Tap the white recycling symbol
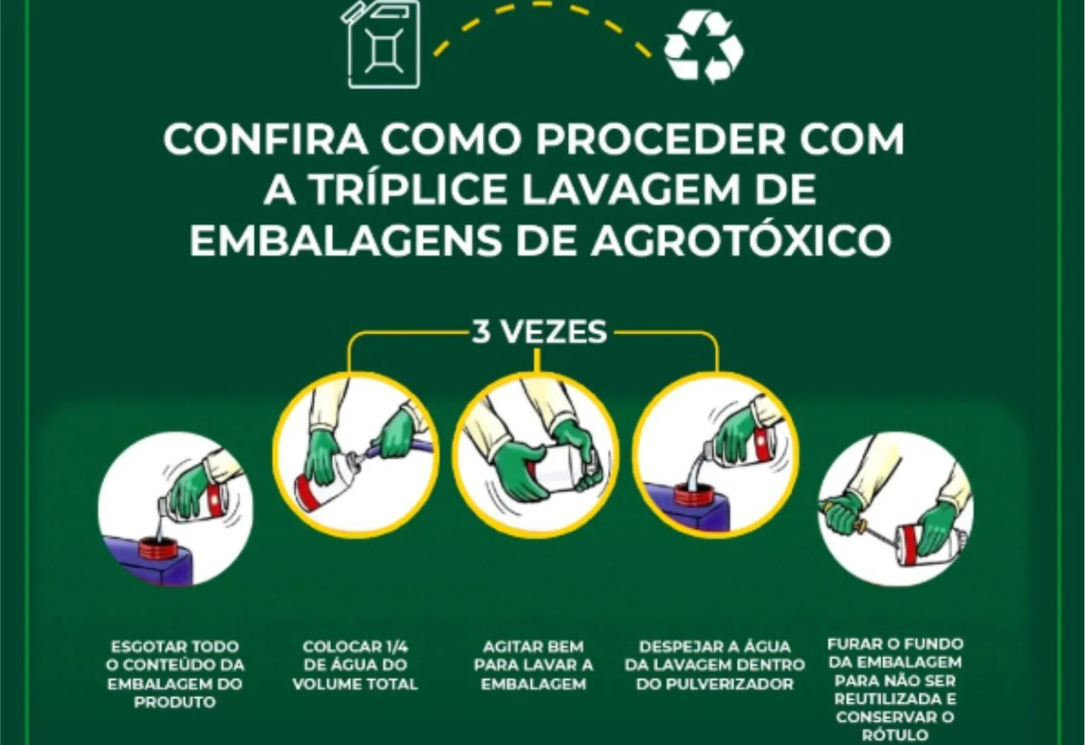click(x=703, y=46)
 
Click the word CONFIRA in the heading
click(x=266, y=140)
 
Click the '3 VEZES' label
click(x=538, y=332)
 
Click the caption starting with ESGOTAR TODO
click(x=175, y=673)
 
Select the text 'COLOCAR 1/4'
click(x=355, y=646)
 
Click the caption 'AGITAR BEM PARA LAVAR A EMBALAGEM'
click(x=534, y=665)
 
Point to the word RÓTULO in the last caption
click(x=895, y=734)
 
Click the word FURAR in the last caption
click(x=853, y=644)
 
